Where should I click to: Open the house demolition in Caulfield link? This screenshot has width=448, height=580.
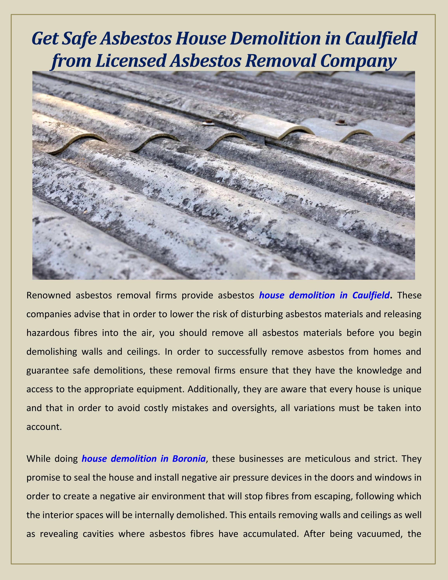tap(324, 295)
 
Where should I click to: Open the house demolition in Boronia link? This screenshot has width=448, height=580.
tap(143, 459)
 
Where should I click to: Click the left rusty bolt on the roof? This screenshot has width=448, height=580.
tap(208, 122)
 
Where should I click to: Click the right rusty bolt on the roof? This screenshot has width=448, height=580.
tap(340, 122)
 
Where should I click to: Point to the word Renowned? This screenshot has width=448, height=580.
tap(49, 295)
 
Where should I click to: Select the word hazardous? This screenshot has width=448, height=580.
tap(48, 333)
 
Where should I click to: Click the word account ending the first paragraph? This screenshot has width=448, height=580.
tap(44, 427)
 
